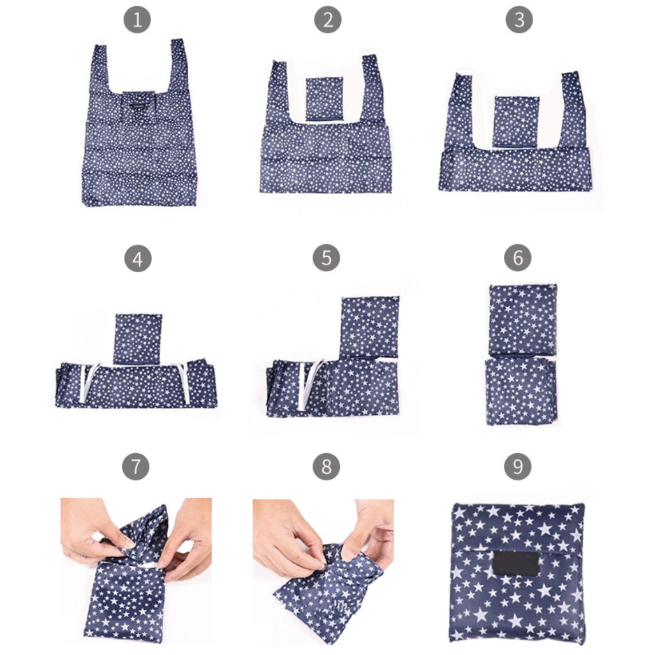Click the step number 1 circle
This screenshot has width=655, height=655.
(137, 19)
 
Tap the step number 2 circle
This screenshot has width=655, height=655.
(327, 19)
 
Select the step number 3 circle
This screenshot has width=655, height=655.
(519, 19)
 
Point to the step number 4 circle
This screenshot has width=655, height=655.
(138, 259)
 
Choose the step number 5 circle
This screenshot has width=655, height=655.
(326, 258)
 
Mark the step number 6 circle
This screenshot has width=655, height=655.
(518, 258)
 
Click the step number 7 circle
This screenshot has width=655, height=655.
(136, 467)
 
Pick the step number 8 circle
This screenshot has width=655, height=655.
(326, 467)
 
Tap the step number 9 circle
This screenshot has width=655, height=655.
(518, 467)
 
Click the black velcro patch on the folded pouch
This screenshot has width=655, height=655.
(515, 563)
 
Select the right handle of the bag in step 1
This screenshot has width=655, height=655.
(178, 67)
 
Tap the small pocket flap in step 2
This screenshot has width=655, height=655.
(324, 99)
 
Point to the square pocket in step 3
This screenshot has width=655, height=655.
(516, 121)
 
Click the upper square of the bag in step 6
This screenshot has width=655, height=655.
(522, 320)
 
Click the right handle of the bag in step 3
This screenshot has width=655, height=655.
(570, 111)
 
